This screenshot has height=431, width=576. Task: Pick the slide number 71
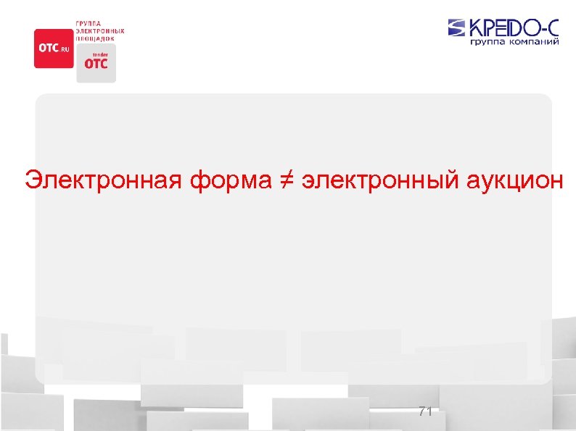coord(425,411)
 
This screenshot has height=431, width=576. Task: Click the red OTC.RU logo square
coord(53,48)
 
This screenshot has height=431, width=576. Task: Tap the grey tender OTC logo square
coord(96,63)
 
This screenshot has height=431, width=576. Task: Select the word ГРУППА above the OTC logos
coord(89,24)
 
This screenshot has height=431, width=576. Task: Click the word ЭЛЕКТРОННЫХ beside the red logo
coord(100,31)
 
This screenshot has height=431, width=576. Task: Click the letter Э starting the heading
coord(32,180)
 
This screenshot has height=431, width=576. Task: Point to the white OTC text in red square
coord(48,48)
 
